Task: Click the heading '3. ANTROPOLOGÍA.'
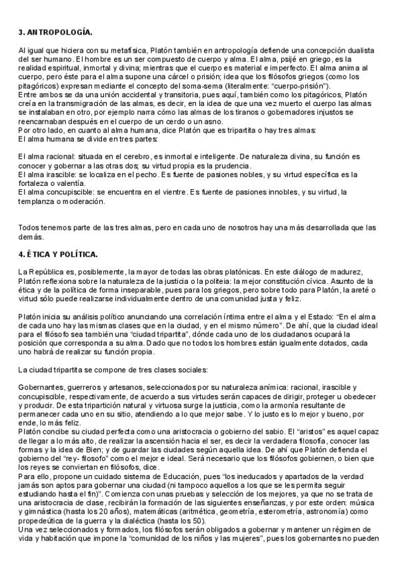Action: coord(55,32)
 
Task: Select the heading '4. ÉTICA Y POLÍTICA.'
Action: coord(59,255)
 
